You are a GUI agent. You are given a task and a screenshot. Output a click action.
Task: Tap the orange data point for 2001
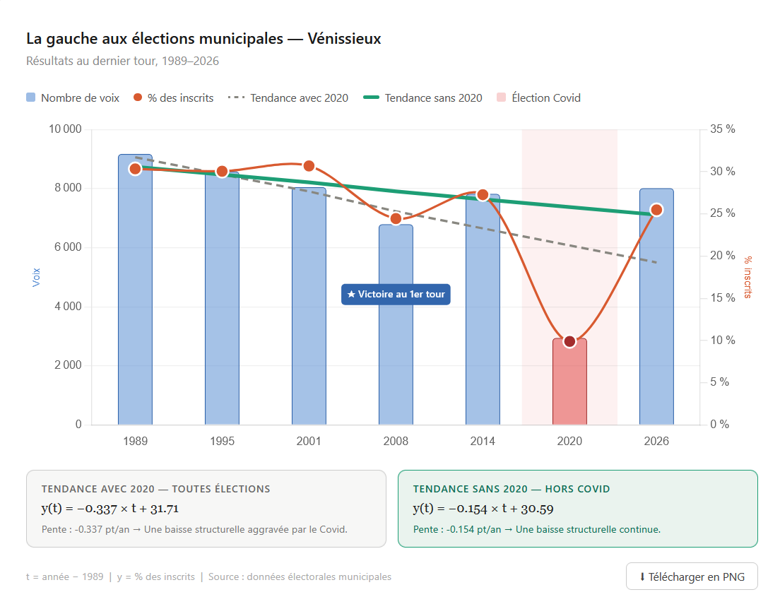coord(309,166)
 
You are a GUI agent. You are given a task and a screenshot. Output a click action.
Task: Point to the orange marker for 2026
coord(656,210)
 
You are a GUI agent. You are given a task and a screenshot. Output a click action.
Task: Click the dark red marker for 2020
coord(569,342)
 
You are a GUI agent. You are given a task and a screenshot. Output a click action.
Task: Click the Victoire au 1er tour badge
coord(396,294)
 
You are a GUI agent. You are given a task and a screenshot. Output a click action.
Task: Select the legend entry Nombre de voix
coord(73,98)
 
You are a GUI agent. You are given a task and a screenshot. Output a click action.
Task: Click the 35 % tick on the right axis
coord(723,129)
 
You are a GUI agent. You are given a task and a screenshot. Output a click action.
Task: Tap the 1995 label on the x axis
coord(222,442)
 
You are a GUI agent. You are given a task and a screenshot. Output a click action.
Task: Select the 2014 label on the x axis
coord(483,442)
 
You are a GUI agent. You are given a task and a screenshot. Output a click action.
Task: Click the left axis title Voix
coord(37,276)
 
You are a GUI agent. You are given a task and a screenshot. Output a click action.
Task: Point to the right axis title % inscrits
coord(747,276)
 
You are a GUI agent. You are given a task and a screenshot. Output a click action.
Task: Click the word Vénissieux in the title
coord(345,39)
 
